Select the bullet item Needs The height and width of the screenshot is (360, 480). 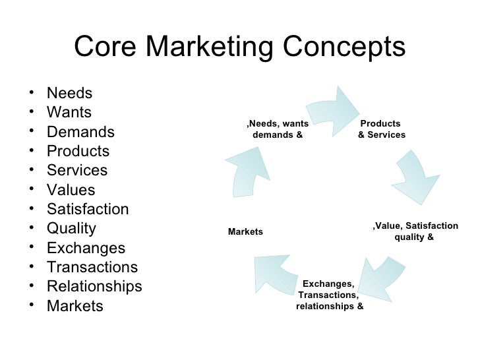click(x=69, y=93)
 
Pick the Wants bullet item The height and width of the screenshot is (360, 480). click(x=69, y=112)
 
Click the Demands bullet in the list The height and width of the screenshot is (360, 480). click(x=80, y=132)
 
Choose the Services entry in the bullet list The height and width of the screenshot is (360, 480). click(x=77, y=171)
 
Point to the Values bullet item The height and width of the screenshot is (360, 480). click(x=71, y=190)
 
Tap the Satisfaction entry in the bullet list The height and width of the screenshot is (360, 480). click(x=88, y=210)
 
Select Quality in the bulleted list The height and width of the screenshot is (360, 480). click(x=71, y=229)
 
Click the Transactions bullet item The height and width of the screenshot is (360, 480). click(x=92, y=268)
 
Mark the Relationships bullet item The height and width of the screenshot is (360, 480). click(x=94, y=287)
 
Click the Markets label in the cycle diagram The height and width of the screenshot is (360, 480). click(x=245, y=231)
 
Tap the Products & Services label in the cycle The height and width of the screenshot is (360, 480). click(x=382, y=129)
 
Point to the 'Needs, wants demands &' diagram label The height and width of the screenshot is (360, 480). click(x=277, y=129)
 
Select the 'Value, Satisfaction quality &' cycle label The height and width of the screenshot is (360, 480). click(x=415, y=231)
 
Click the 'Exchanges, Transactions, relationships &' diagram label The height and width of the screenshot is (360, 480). click(x=329, y=295)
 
